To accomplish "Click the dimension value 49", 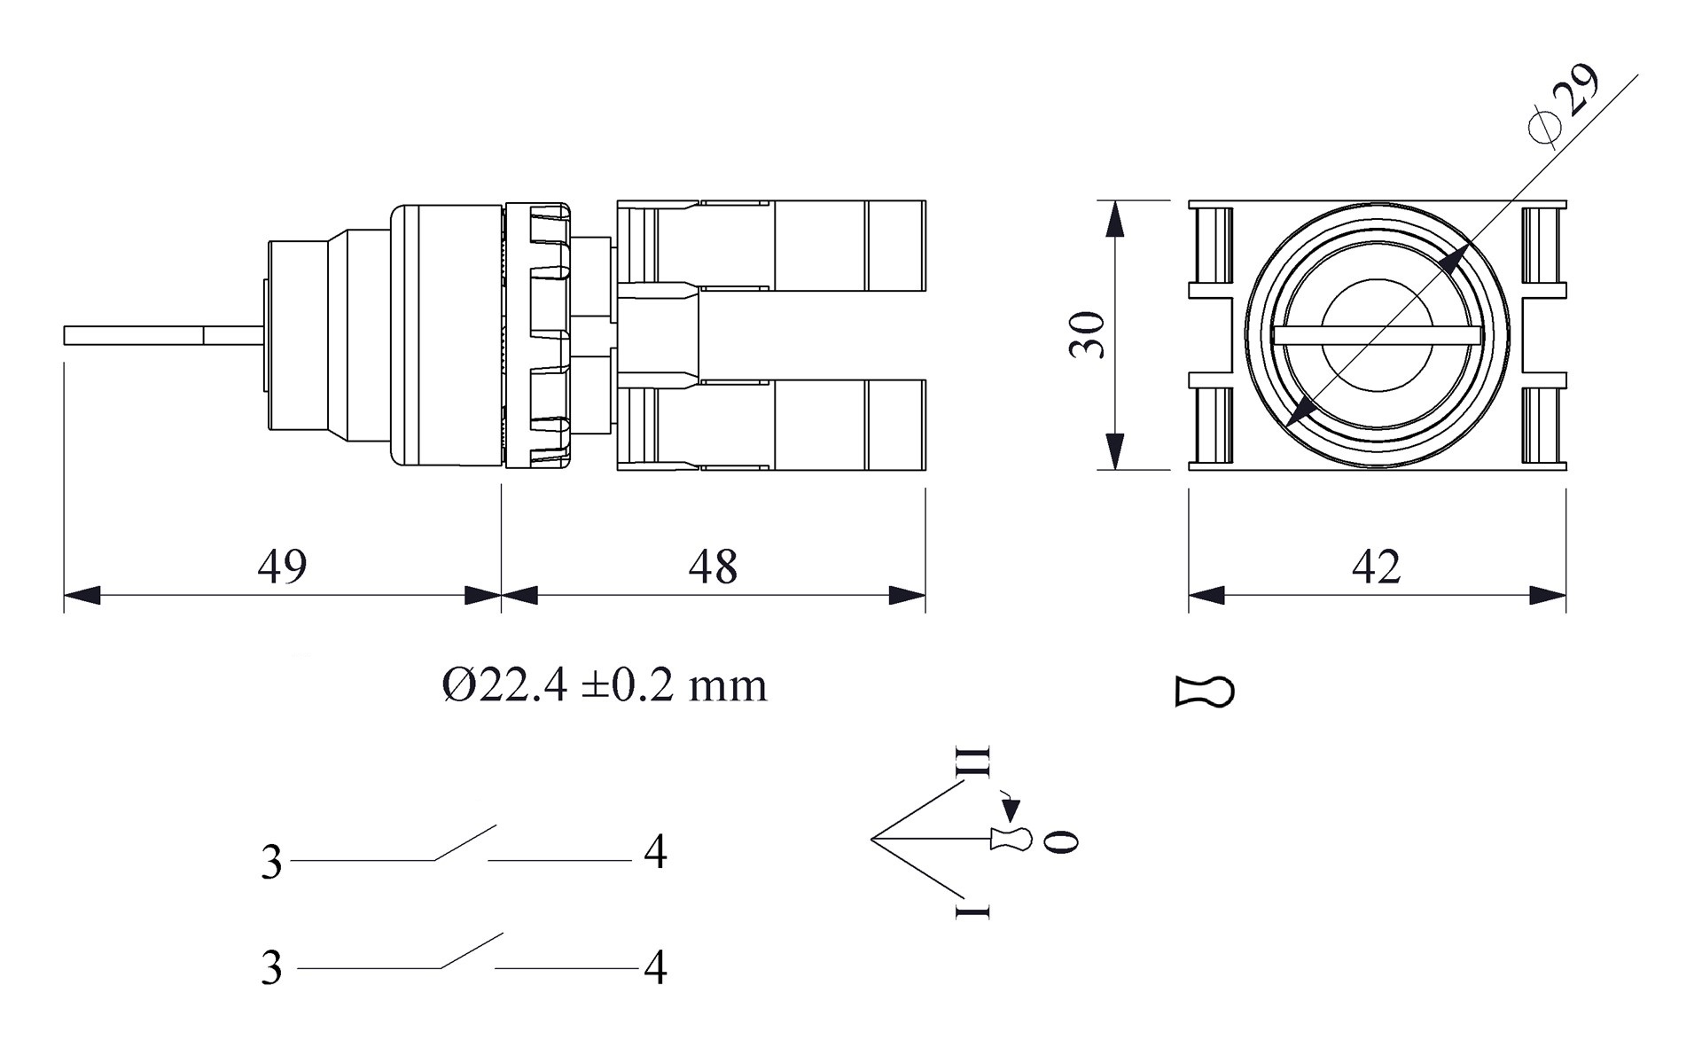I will [x=282, y=566].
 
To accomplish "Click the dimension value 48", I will [x=713, y=566].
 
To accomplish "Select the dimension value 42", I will [x=1376, y=566].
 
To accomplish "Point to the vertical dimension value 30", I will [x=1088, y=335].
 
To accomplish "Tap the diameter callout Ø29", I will [x=1565, y=102].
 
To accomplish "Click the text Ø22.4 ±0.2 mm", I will [x=605, y=685].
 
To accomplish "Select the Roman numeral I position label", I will [x=972, y=911].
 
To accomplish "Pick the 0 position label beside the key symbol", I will [x=1060, y=841].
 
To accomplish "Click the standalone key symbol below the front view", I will [x=1205, y=692].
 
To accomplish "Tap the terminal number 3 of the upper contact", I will [x=271, y=862].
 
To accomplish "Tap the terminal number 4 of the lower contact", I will [x=655, y=967].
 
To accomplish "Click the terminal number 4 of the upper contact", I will [x=655, y=852].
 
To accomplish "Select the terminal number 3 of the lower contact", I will [x=271, y=967].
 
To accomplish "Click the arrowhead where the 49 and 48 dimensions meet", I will [x=501, y=595].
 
